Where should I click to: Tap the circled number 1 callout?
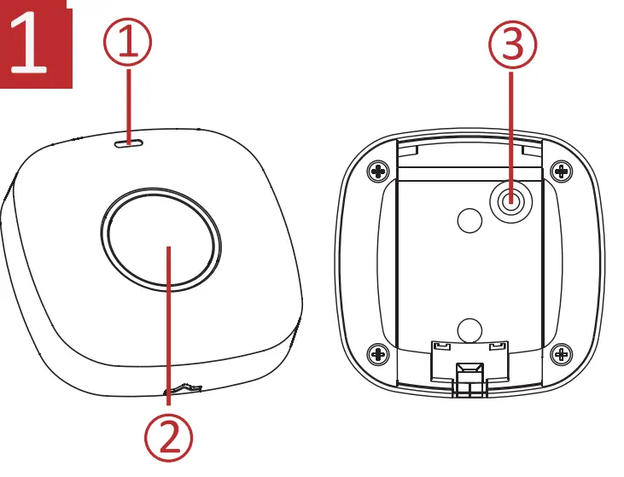tap(128, 43)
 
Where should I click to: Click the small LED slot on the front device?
tap(129, 143)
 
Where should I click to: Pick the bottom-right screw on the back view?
tap(561, 352)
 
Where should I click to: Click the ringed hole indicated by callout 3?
tap(510, 202)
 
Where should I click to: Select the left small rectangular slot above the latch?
tap(442, 346)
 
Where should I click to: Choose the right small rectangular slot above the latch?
tap(496, 346)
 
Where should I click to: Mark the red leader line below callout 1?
tap(129, 102)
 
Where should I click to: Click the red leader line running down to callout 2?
tap(169, 341)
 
